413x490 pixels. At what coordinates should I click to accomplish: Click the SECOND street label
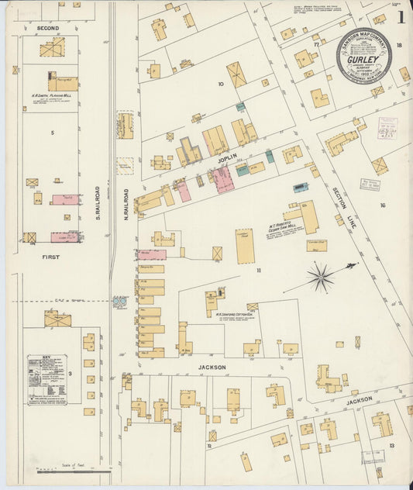click(47, 27)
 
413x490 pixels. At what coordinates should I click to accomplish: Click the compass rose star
click(320, 276)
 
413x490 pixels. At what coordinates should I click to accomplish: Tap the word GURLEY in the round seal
click(363, 59)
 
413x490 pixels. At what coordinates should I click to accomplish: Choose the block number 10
click(221, 83)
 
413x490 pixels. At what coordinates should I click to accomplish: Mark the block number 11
click(260, 269)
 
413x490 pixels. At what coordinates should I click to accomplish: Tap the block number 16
click(383, 205)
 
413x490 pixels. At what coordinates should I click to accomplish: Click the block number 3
click(70, 374)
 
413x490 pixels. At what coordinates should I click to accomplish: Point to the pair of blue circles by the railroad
click(119, 302)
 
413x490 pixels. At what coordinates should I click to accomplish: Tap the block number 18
click(398, 46)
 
